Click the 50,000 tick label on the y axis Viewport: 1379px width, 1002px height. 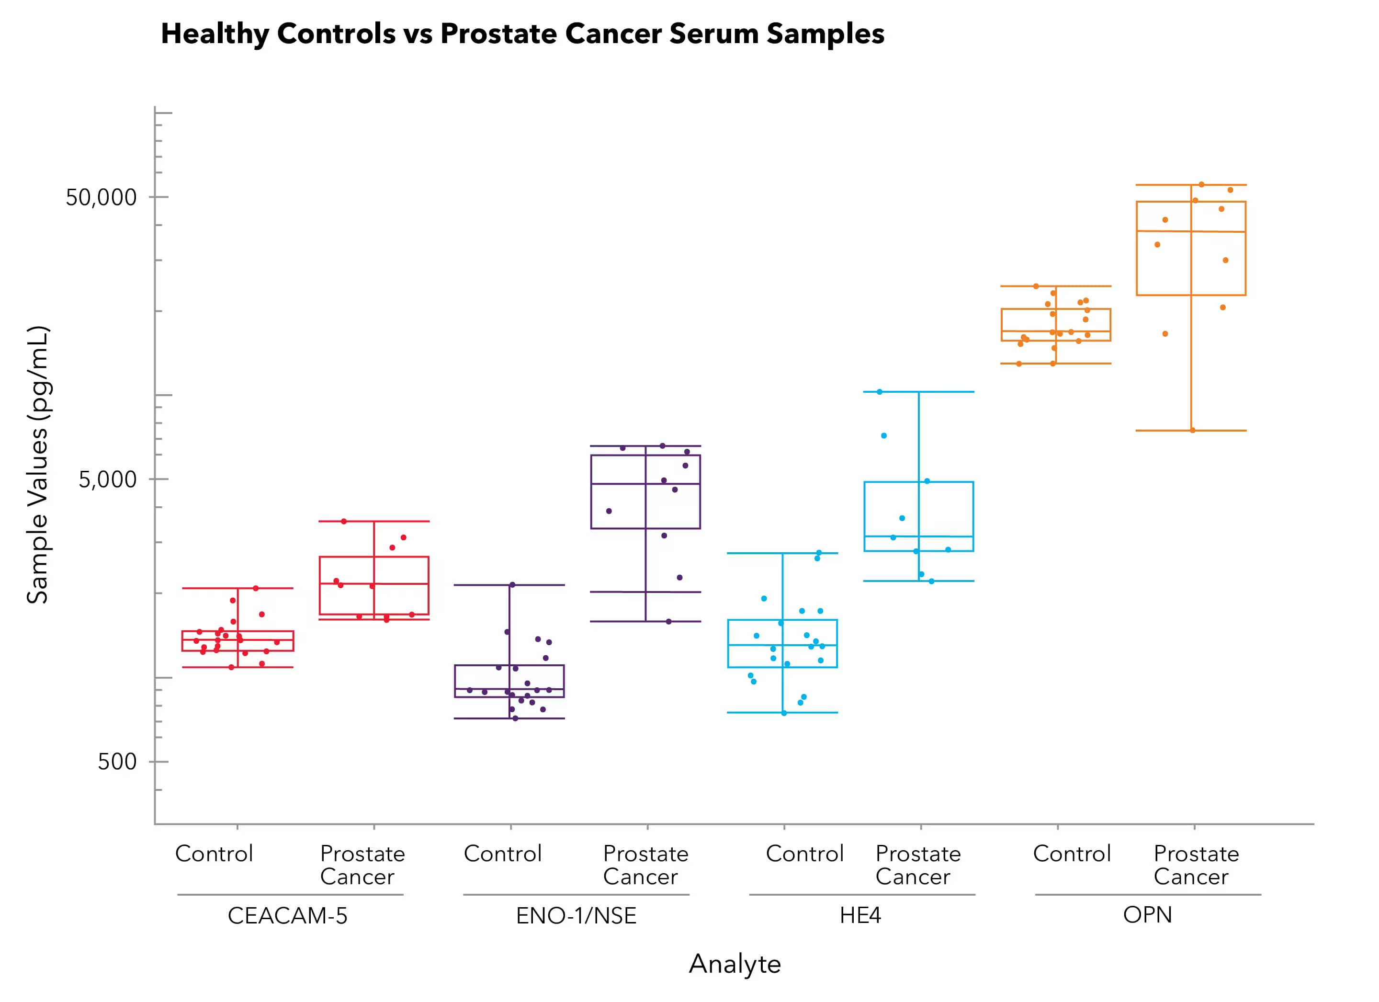tap(101, 198)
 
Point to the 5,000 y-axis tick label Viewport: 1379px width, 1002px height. tap(108, 480)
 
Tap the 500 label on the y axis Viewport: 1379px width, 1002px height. tap(117, 762)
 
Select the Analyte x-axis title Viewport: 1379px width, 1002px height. tap(735, 964)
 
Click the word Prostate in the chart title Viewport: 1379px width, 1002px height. tap(498, 34)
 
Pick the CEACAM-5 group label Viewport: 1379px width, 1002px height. tap(288, 916)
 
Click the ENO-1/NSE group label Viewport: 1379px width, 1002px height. tap(576, 916)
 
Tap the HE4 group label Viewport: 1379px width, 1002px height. tap(860, 916)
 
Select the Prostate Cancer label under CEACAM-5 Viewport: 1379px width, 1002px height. tap(362, 865)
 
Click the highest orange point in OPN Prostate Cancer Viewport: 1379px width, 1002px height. tap(1201, 184)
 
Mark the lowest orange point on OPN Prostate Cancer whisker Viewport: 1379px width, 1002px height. tap(1192, 430)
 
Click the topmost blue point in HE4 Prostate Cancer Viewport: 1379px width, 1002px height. tap(880, 392)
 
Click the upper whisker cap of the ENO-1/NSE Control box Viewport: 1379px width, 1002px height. tap(509, 585)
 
